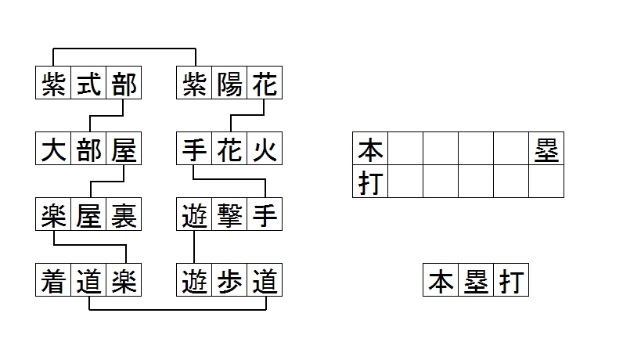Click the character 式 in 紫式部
[x=88, y=84]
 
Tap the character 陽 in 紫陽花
[x=229, y=84]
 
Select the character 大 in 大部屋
[x=53, y=149]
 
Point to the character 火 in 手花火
[x=264, y=149]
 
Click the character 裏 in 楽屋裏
[x=123, y=214]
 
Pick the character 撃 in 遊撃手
[x=229, y=214]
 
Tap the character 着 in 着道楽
[x=53, y=280]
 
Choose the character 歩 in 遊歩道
[x=229, y=280]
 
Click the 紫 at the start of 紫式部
[x=53, y=84]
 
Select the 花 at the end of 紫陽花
[x=264, y=84]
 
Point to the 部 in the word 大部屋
[x=88, y=149]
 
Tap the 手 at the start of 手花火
[x=194, y=149]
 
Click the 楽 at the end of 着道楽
[x=123, y=280]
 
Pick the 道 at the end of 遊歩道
[x=264, y=280]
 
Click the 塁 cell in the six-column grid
[x=546, y=149]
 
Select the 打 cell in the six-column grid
[x=370, y=182]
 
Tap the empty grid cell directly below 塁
[x=546, y=182]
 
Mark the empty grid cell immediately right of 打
[x=405, y=182]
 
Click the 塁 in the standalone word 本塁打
[x=476, y=280]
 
